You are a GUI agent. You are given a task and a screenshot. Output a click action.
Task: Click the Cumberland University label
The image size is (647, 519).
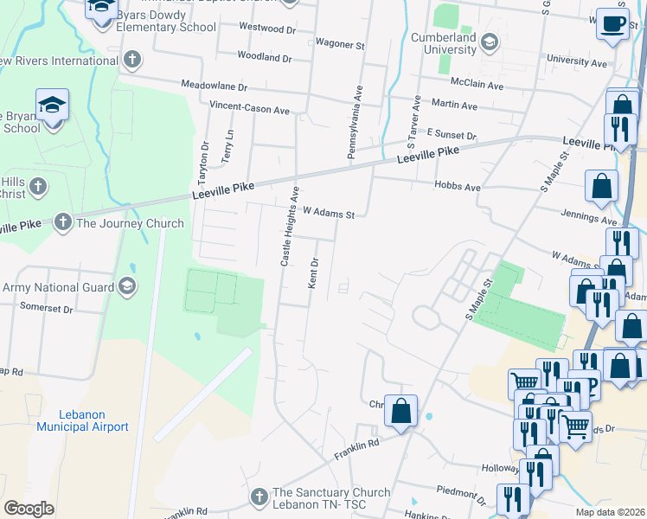pos(444,43)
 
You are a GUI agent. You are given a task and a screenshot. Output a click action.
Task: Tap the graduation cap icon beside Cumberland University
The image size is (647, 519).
pos(490,41)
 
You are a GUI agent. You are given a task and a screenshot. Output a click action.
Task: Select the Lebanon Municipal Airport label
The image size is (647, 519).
pos(82,420)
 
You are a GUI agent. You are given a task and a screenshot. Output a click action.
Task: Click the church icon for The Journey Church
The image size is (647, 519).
pos(63,223)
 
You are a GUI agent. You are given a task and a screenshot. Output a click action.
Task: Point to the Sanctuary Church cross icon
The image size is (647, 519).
pos(258,497)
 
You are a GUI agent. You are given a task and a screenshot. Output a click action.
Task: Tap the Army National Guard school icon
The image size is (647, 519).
pos(127,286)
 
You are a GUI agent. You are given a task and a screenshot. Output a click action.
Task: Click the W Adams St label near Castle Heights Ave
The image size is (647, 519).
pos(329,212)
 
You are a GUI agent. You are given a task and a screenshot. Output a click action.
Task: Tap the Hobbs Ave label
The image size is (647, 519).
pos(459,186)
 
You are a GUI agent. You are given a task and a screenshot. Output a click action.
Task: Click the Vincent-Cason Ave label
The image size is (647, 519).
pos(249,110)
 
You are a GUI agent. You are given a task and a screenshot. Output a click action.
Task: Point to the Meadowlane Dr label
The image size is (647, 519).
pos(214,86)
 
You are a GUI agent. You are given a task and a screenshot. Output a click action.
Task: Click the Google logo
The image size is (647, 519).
pos(29,509)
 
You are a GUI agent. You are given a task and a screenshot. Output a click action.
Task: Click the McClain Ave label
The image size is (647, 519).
pos(477,85)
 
